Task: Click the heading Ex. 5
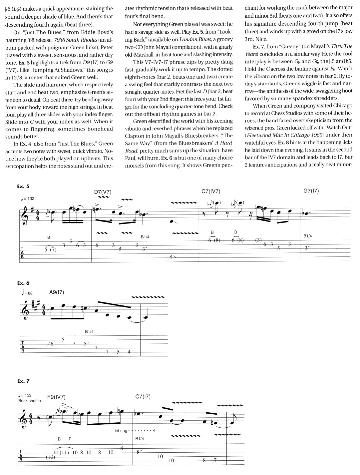click(x=23, y=187)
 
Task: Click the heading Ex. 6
click(x=23, y=283)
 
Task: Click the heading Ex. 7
click(x=23, y=381)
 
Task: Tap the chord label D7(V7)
click(x=103, y=192)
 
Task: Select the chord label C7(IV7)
click(x=211, y=191)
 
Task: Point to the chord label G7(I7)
click(x=311, y=191)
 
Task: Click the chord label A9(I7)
click(x=56, y=292)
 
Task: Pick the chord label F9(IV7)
click(x=56, y=397)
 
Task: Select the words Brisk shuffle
click(x=30, y=401)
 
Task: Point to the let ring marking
click(x=121, y=431)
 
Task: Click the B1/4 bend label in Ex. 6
click(x=89, y=331)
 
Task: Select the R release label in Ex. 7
click(x=70, y=439)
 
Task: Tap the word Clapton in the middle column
click(x=135, y=136)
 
